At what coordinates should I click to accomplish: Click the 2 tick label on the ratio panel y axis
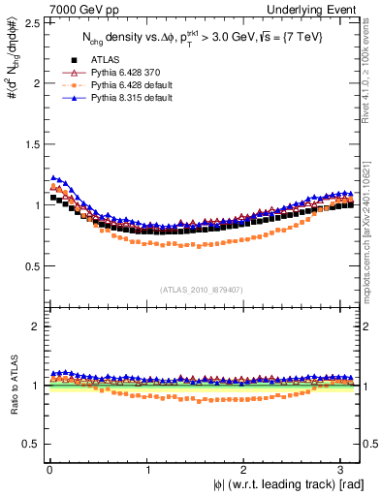click(34, 326)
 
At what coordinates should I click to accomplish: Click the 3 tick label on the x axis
click(344, 469)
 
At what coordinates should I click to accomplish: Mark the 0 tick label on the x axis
click(48, 469)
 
